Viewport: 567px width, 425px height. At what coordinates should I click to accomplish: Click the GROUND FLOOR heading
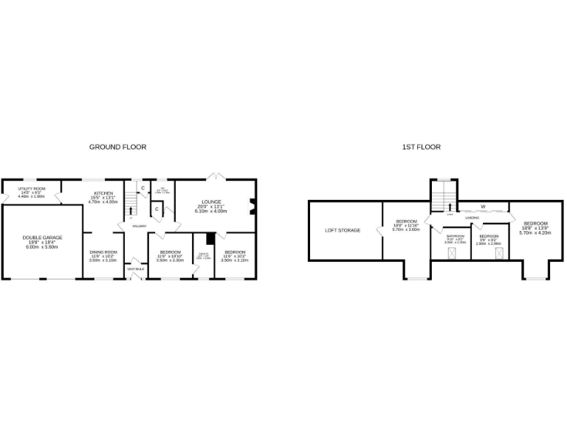click(117, 147)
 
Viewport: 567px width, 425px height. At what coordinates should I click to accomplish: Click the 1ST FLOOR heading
click(421, 147)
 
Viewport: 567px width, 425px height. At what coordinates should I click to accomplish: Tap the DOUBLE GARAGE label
click(41, 237)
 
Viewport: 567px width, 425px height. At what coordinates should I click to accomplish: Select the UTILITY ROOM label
click(32, 189)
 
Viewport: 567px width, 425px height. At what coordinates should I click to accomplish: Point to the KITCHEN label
click(103, 193)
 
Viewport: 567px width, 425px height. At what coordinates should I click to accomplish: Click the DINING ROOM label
click(103, 252)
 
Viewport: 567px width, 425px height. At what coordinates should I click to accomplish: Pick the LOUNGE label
click(211, 201)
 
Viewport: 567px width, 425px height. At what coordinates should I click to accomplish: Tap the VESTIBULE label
click(136, 269)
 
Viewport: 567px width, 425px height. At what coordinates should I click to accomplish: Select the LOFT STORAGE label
click(343, 230)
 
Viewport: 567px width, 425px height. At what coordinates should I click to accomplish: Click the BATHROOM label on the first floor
click(455, 236)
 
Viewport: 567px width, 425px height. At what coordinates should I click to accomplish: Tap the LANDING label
click(472, 218)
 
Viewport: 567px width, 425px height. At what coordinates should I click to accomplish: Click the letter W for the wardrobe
click(484, 206)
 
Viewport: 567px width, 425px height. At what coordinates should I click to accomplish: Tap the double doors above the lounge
click(214, 176)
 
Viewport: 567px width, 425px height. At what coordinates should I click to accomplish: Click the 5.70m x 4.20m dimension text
click(535, 233)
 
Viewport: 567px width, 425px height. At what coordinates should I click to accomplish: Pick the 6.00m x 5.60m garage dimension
click(41, 246)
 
